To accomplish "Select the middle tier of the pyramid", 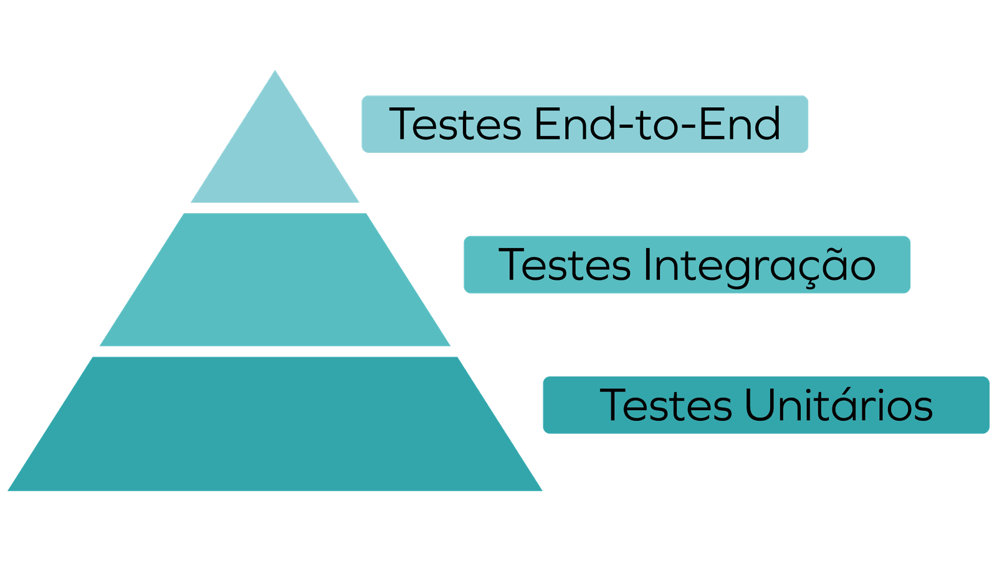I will click(x=275, y=280).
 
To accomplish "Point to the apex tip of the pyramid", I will click(x=275, y=71).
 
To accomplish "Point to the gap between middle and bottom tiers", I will click(x=275, y=351).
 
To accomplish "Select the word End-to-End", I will click(x=657, y=124).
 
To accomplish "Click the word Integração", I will click(x=759, y=266).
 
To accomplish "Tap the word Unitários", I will click(x=838, y=405).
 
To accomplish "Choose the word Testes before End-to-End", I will click(x=456, y=124).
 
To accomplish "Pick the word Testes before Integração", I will click(x=565, y=264).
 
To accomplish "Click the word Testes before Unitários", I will click(x=665, y=405).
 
